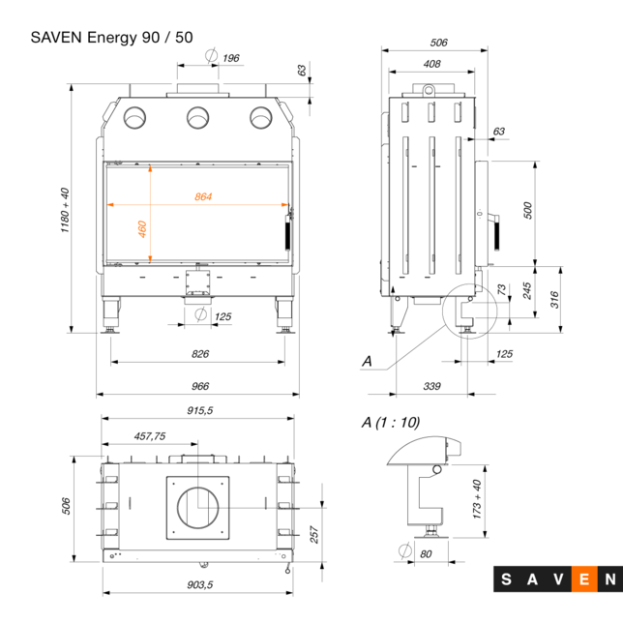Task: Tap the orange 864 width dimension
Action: pos(203,197)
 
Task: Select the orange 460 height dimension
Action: pos(142,229)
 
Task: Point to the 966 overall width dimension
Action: pos(200,386)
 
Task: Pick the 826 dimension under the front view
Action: pos(200,354)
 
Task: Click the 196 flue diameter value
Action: pos(230,58)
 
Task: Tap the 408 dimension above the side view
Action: pos(432,64)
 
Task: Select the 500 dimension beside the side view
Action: pos(528,210)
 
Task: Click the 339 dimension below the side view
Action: pos(432,386)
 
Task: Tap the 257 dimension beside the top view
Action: pos(315,535)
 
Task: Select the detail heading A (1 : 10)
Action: pos(391,422)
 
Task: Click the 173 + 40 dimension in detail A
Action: pos(476,499)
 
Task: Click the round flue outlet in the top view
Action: pos(200,505)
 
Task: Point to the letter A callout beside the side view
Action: pos(367,361)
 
